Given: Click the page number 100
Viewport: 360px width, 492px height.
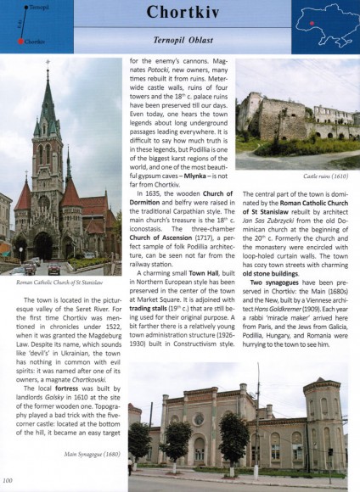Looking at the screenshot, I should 8,483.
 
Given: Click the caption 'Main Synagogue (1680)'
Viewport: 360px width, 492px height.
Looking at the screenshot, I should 86,454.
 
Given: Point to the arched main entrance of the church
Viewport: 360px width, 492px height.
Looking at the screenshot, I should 42,247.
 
